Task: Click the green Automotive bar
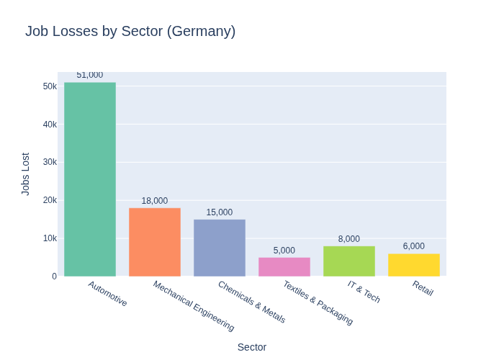[90, 179]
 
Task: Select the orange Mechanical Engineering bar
[155, 242]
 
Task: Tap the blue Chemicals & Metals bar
[220, 248]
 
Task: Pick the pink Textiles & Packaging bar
[284, 266]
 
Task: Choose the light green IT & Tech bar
[349, 261]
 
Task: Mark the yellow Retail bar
[414, 264]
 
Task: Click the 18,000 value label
[155, 201]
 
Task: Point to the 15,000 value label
[220, 212]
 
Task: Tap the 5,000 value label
[284, 251]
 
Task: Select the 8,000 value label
[349, 239]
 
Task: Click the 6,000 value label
[414, 246]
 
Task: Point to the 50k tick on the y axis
[50, 86]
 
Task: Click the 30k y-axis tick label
[50, 162]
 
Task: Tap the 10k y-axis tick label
[50, 238]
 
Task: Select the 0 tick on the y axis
[54, 276]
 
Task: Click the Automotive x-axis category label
[108, 294]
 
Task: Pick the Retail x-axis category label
[423, 288]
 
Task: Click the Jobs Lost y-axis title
[26, 174]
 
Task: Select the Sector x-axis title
[252, 347]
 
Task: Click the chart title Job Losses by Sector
[130, 32]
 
